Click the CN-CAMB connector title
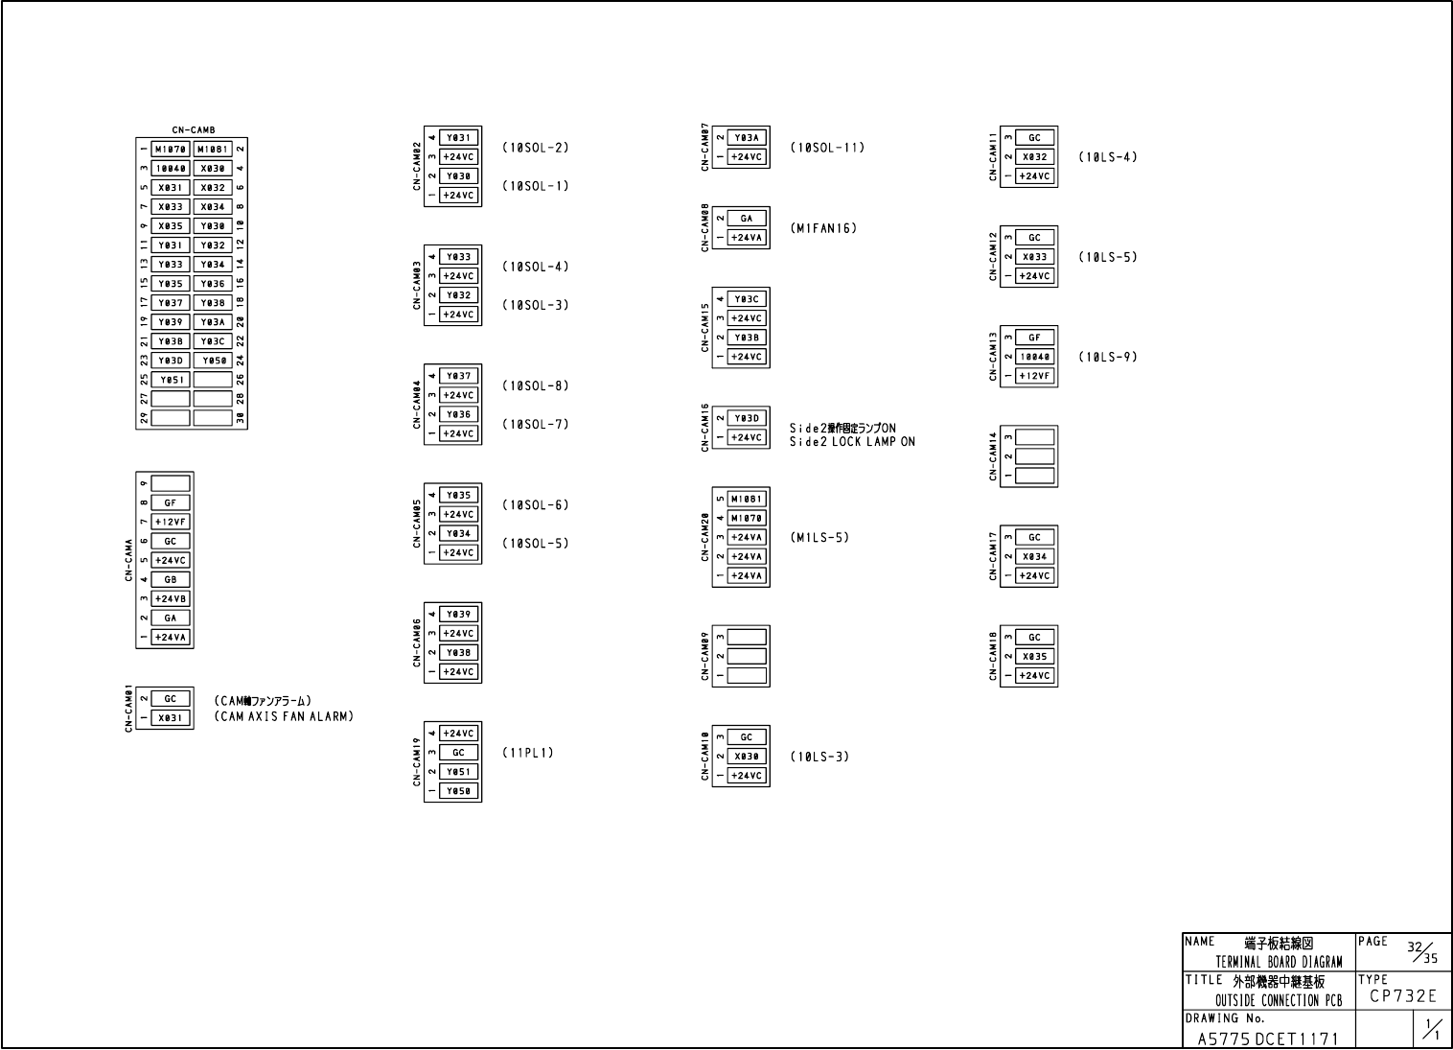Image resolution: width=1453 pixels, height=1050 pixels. pos(194,130)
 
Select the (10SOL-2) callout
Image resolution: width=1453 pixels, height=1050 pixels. pos(535,148)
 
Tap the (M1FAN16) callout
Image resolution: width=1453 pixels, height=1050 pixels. pos(822,228)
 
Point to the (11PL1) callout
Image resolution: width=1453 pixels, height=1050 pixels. pos(527,753)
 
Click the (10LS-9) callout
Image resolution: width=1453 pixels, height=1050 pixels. pos(1107,357)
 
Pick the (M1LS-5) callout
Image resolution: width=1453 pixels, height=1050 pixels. pos(819,537)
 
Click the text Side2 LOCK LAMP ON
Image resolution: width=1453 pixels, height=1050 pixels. pos(852,442)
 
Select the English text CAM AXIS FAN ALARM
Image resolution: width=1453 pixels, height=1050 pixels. pos(284,716)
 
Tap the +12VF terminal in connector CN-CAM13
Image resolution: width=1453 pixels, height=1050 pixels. pos(1034,376)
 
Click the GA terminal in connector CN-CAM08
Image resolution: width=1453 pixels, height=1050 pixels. pos(747,219)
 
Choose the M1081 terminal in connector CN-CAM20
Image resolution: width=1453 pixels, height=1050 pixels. pos(747,499)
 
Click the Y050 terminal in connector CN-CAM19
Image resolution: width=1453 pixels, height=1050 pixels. pos(459,791)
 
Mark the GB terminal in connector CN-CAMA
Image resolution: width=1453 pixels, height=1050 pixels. pos(171,579)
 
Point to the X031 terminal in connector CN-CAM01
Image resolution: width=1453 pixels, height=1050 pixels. pos(171,717)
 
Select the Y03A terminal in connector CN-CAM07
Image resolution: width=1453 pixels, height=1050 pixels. pos(747,138)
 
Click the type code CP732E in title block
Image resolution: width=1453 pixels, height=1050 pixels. pos(1402,996)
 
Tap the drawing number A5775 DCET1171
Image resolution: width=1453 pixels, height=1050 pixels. pos(1268,1038)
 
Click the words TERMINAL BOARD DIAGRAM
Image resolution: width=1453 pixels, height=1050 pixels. pos(1279,962)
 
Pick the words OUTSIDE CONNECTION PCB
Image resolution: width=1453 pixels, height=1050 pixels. pos(1279,1001)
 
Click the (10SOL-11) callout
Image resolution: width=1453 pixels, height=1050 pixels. pos(826,148)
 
